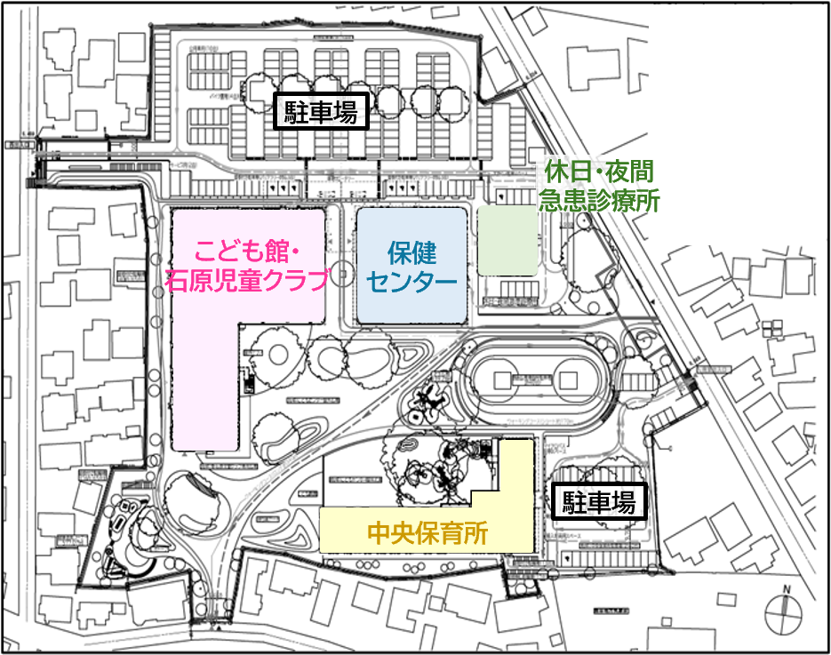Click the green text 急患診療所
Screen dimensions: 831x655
599,201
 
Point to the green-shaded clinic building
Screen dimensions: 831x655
507,240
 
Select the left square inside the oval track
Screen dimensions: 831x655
502,380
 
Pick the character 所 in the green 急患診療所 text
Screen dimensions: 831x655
648,201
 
